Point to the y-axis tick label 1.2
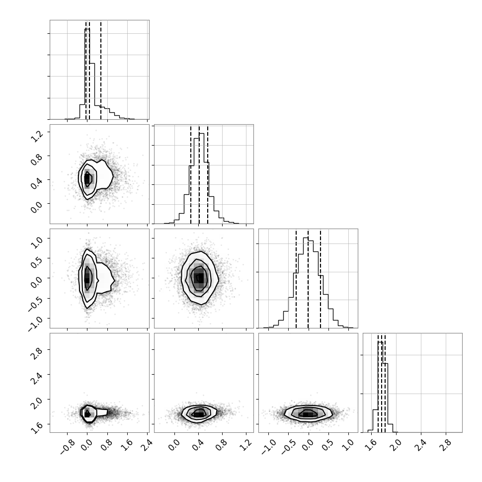37,136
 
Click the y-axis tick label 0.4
37,184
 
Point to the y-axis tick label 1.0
37,242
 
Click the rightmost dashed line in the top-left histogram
101,70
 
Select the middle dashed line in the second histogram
199,174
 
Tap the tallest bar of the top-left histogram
87,74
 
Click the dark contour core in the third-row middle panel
200,278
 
